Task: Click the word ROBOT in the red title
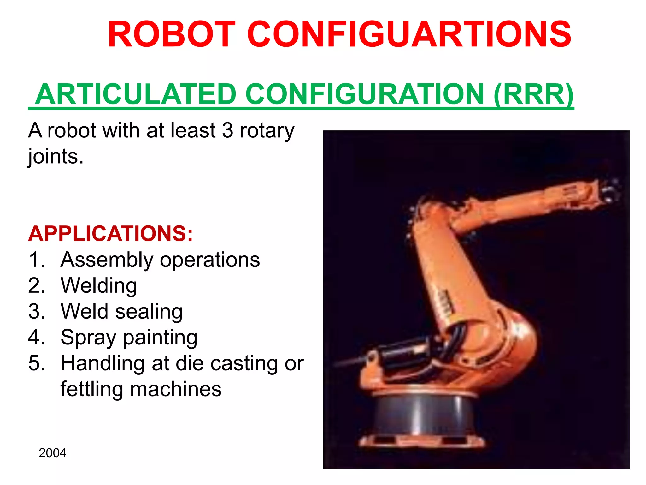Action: pos(172,34)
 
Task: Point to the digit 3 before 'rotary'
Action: pos(227,130)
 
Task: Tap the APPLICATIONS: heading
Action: pos(110,234)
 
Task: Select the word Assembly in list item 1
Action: pos(107,260)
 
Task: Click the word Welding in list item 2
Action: pos(99,286)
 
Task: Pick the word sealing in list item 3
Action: pos(149,312)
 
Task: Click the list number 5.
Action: pos(37,363)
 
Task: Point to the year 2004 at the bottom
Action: pos(52,453)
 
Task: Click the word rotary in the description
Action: pos(267,131)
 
